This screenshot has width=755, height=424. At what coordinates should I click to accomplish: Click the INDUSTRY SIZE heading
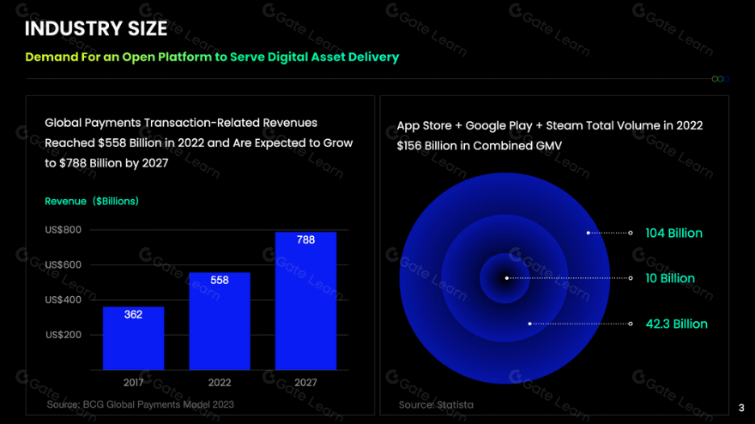point(96,28)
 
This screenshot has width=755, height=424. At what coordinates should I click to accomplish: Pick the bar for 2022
point(219,321)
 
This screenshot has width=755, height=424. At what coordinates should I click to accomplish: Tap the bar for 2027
point(305,300)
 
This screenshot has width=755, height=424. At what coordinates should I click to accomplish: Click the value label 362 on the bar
point(133,315)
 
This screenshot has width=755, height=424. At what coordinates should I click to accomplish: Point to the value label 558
point(219,281)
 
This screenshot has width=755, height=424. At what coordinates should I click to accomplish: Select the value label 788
point(305,240)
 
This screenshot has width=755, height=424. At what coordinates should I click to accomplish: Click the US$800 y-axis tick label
point(63,230)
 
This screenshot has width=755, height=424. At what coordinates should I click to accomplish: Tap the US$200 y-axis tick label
point(63,335)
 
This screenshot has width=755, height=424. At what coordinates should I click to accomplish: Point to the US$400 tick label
point(63,300)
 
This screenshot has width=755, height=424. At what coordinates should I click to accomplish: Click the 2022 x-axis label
point(219,383)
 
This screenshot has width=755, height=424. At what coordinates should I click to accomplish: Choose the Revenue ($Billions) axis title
point(92,201)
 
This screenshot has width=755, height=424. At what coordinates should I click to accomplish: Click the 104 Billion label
point(673,233)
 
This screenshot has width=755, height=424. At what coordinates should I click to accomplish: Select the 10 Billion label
point(670,279)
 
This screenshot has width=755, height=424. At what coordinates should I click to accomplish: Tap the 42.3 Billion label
point(676,324)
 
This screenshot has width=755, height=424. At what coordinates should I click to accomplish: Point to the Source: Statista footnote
point(436,404)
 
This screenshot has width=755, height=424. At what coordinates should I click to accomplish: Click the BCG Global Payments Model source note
point(140,403)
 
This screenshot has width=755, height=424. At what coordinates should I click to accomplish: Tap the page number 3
point(741,408)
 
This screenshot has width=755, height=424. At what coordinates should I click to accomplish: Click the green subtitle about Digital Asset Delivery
point(212,58)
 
